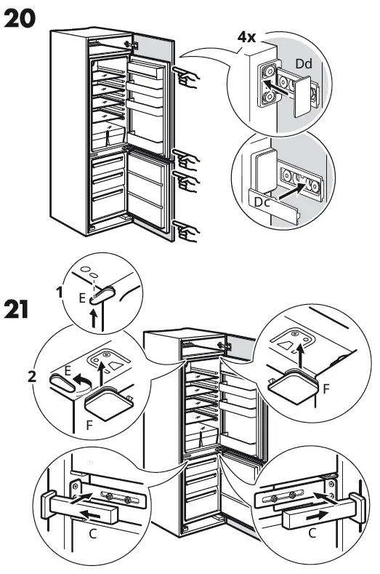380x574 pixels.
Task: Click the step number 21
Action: coord(19,309)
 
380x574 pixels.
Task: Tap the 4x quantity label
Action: coord(246,37)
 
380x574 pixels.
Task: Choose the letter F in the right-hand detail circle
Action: coord(326,390)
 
